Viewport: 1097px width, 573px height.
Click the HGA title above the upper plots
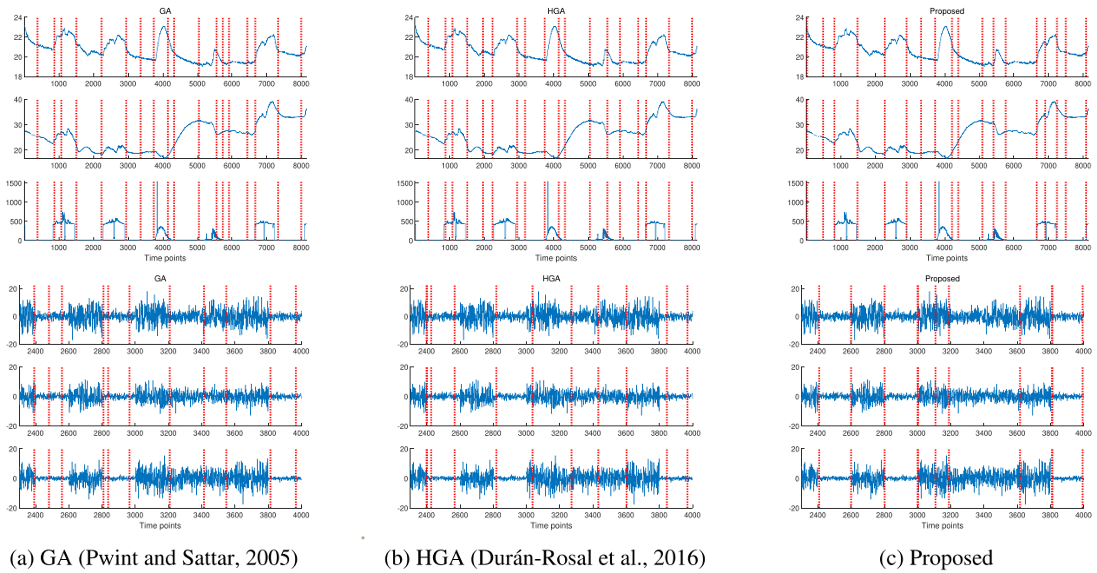tap(556, 11)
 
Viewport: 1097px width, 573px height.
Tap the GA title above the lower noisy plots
tap(160, 279)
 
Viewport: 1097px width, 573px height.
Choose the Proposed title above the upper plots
tap(947, 11)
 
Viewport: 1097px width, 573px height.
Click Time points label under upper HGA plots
tap(556, 258)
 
